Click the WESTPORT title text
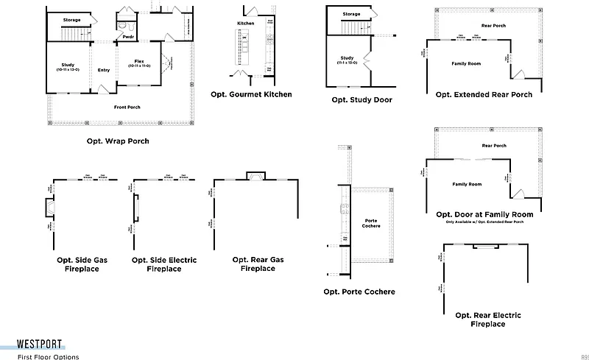pos(40,344)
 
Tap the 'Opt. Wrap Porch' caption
pos(118,141)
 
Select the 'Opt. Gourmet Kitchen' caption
pos(251,94)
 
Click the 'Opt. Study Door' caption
pos(361,99)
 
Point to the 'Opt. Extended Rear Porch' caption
pos(484,94)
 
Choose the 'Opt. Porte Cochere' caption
pos(359,292)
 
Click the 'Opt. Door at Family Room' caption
pos(484,214)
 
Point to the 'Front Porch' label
pos(127,107)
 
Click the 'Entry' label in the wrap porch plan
pos(104,70)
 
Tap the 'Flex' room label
pos(139,62)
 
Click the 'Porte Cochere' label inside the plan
pos(372,223)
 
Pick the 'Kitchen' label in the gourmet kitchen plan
pos(245,24)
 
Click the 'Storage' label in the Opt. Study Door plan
pos(351,14)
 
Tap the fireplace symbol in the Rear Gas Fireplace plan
pos(255,175)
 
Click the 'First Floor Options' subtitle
pos(48,356)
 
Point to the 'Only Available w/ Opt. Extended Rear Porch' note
pos(484,222)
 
